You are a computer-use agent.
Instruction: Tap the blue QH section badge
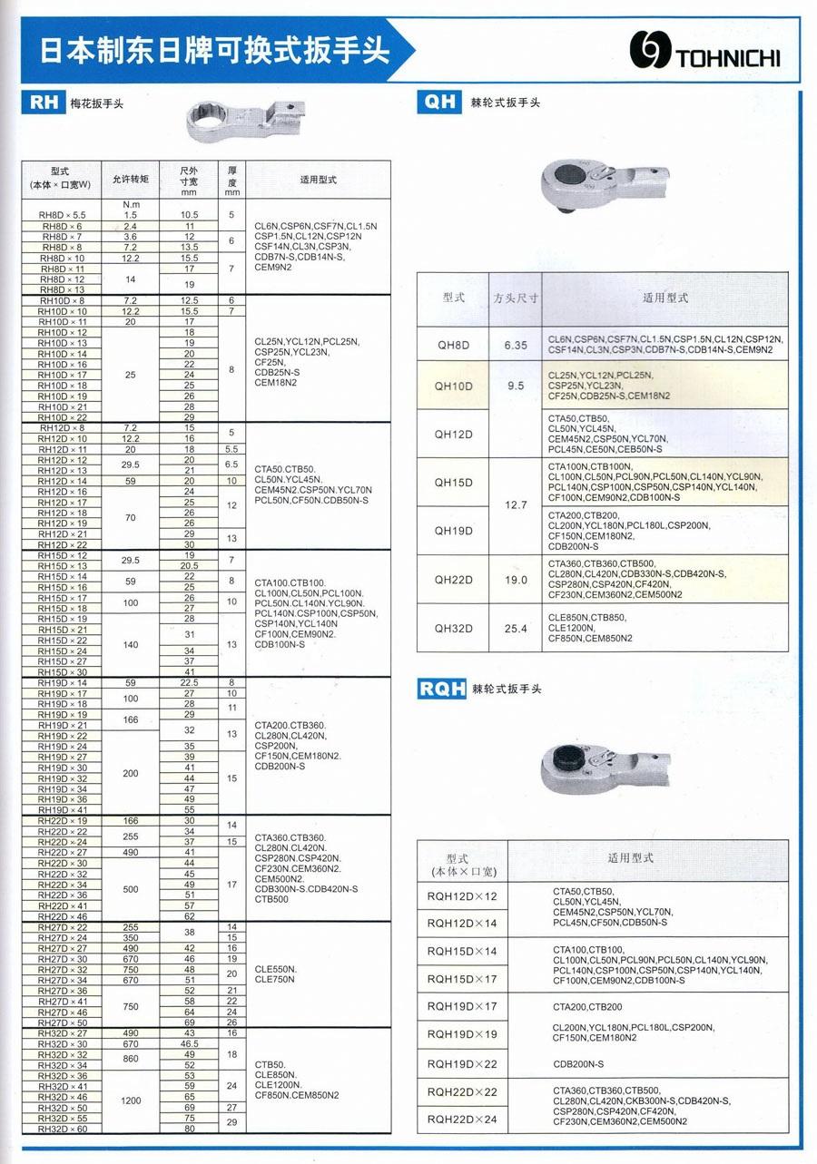click(x=439, y=101)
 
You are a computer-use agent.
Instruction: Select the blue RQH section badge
click(x=441, y=689)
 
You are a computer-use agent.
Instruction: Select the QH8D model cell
click(x=453, y=345)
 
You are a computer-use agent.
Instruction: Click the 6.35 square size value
click(x=516, y=345)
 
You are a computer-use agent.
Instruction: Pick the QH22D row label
click(x=453, y=580)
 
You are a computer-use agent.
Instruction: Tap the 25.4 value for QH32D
click(x=516, y=628)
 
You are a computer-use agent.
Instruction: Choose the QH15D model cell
click(x=453, y=482)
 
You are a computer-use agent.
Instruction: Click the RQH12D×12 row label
click(x=462, y=896)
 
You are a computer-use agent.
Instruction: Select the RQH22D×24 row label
click(x=462, y=1120)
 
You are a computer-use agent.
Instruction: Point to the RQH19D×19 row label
click(x=462, y=1034)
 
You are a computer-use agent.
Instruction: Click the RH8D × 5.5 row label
click(x=61, y=215)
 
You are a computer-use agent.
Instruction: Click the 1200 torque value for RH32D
click(x=131, y=1100)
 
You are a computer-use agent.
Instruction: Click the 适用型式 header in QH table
click(x=665, y=298)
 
